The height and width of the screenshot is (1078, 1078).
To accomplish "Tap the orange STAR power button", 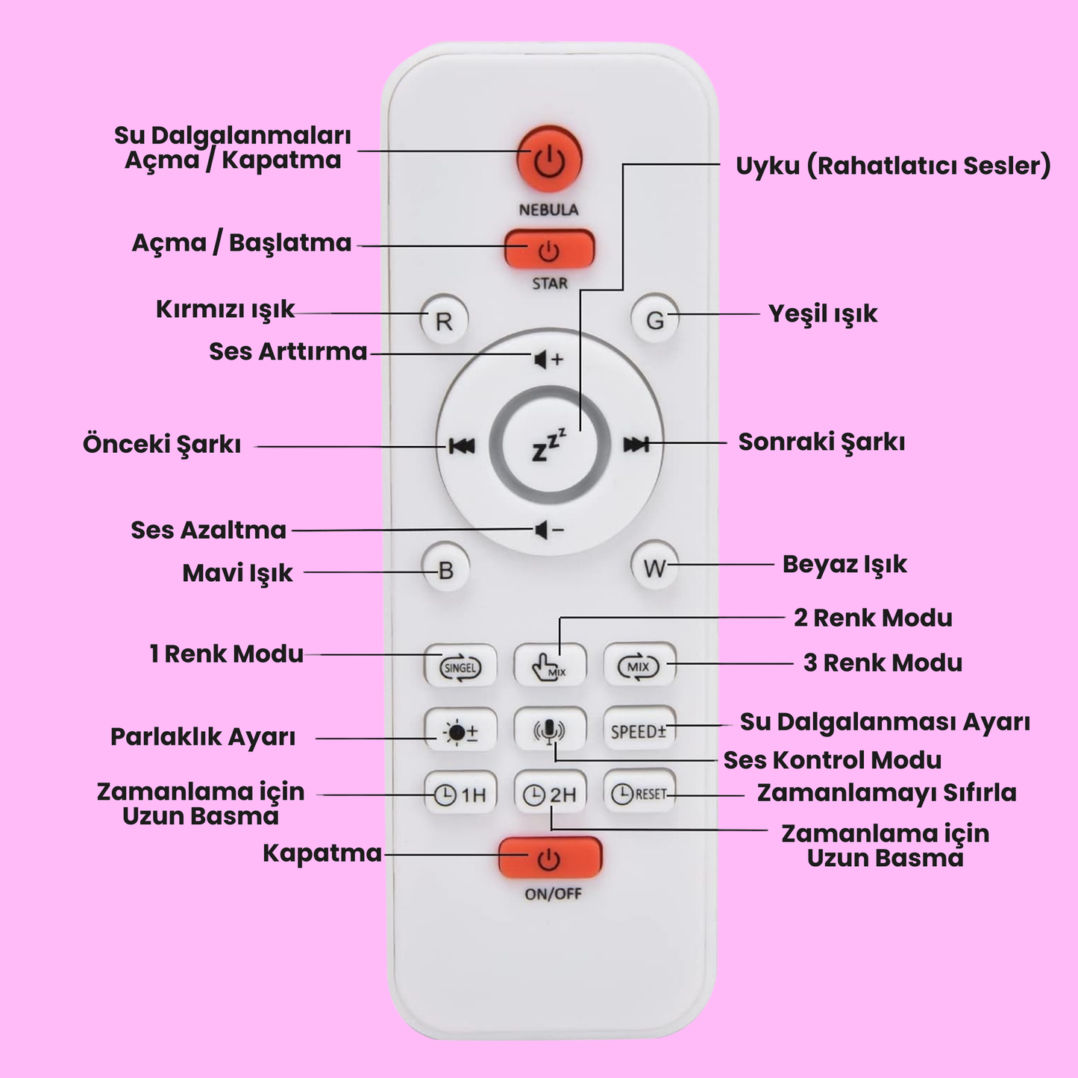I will click(549, 250).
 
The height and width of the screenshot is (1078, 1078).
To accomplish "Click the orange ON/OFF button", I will click(550, 858).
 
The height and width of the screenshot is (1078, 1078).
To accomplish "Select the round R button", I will click(444, 321).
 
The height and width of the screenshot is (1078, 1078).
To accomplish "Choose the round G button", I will click(654, 320).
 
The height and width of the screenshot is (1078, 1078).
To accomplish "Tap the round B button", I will click(445, 571).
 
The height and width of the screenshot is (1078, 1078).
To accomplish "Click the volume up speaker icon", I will click(548, 360).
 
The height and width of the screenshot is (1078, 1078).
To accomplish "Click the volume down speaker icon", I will click(548, 530).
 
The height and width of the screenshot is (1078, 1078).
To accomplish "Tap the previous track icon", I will click(462, 446).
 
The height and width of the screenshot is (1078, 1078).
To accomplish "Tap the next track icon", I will click(636, 445).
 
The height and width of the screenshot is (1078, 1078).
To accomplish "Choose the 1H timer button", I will click(460, 795).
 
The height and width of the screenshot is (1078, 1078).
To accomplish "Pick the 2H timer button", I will click(550, 795).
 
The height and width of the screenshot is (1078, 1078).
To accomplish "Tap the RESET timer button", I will click(639, 794).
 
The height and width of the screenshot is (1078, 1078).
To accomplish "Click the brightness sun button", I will click(460, 732).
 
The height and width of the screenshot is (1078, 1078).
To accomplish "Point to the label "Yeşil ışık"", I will click(823, 314).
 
